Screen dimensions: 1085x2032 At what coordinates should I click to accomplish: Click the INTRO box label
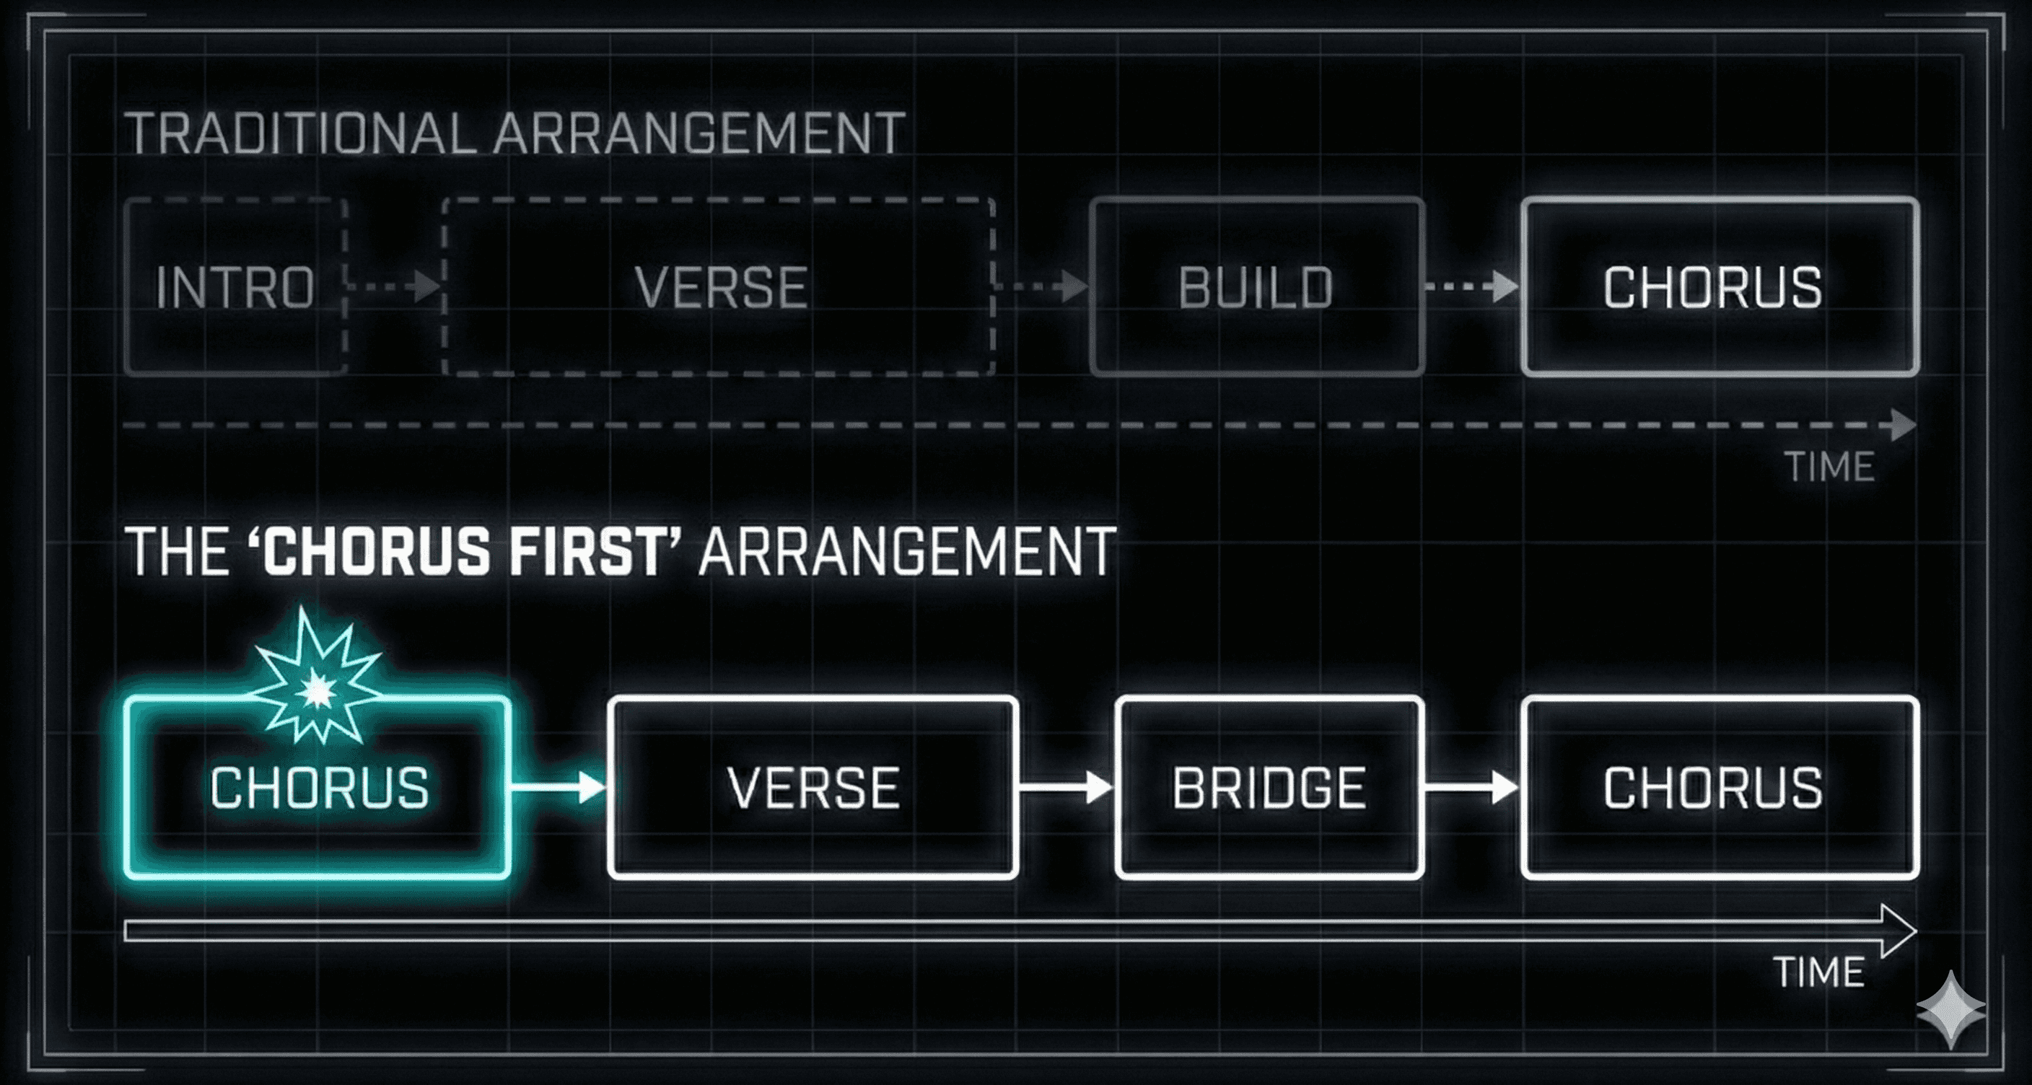coord(235,287)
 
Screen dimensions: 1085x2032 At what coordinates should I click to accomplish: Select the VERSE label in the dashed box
coord(721,287)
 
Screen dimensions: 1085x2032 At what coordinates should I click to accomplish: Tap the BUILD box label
coord(1256,287)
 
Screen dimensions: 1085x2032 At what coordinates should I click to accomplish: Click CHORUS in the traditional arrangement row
coord(1712,287)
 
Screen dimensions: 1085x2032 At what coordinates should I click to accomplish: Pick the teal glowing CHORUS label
coord(320,788)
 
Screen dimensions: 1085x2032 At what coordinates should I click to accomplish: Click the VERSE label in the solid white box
coord(813,788)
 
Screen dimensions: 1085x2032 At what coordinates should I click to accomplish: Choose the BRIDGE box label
coord(1269,788)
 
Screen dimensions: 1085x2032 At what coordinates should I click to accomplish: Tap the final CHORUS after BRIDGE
coord(1712,788)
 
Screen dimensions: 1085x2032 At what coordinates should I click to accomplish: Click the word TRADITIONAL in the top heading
coord(299,133)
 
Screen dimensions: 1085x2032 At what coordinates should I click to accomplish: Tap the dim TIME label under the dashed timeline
coord(1829,467)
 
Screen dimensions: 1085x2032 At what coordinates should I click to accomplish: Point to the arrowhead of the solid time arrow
coord(1897,931)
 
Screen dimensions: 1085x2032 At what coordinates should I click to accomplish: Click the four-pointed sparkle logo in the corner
coord(1950,1010)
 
